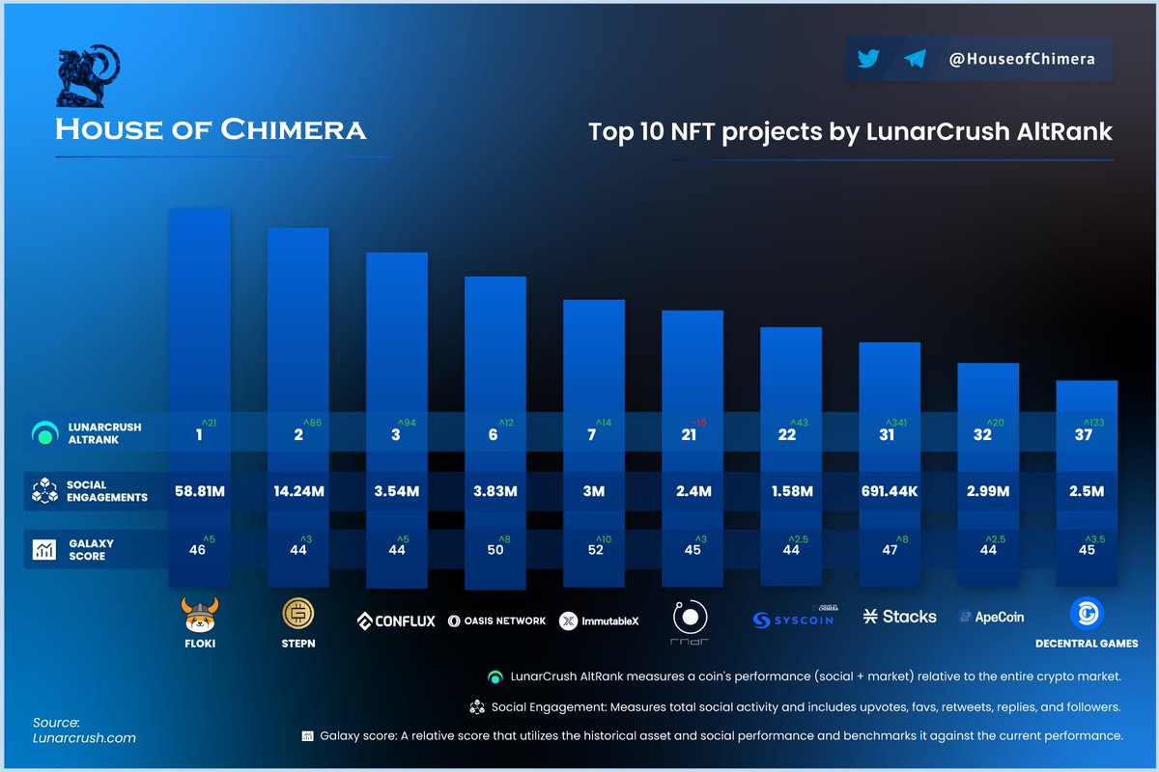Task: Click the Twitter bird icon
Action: click(868, 59)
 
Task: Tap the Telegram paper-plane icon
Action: click(915, 59)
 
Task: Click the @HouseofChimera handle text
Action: click(1022, 59)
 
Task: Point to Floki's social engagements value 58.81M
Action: click(200, 491)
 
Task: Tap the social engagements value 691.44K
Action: click(889, 491)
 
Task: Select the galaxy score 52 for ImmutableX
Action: click(594, 550)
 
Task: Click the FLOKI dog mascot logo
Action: click(200, 614)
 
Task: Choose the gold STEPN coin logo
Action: click(297, 614)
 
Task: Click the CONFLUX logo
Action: click(396, 620)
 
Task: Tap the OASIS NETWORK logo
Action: click(496, 620)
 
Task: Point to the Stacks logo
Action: click(900, 616)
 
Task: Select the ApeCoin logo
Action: click(991, 617)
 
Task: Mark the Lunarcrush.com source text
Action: click(84, 738)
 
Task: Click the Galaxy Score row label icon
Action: click(43, 550)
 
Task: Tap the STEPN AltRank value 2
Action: click(298, 435)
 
